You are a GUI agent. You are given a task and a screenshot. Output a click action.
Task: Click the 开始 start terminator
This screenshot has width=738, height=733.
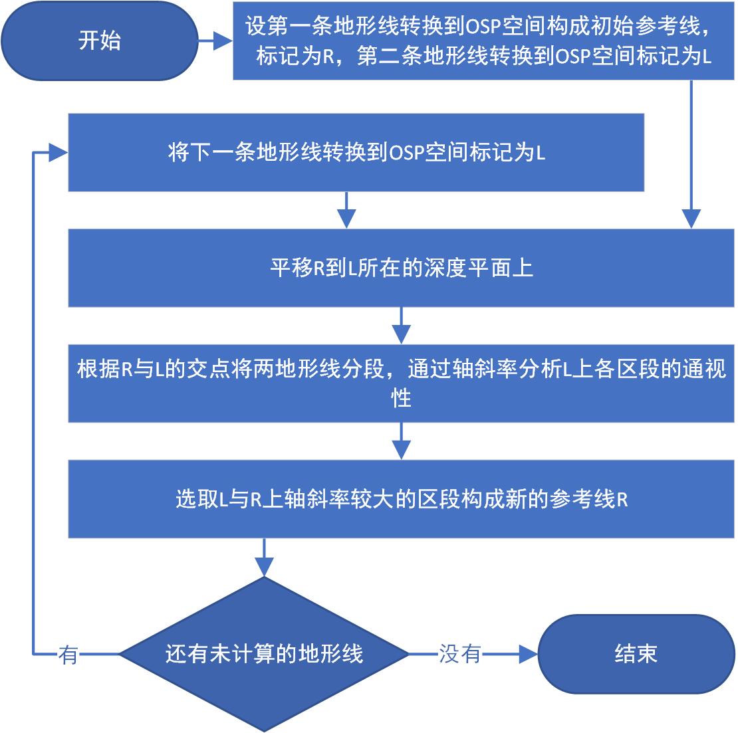coord(100,41)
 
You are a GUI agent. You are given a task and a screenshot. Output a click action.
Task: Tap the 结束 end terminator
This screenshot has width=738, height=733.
coord(636,654)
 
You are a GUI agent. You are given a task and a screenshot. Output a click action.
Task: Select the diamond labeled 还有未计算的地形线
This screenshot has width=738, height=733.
coord(264,654)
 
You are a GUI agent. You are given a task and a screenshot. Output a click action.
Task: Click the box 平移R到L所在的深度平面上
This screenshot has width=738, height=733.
coord(402,268)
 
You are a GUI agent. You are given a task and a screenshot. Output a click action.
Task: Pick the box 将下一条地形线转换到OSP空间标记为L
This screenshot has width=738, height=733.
coord(356,153)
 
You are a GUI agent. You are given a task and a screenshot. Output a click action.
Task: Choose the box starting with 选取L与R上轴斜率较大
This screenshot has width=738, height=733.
coord(402,499)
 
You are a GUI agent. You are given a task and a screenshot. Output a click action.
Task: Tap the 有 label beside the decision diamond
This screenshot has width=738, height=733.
coord(68,655)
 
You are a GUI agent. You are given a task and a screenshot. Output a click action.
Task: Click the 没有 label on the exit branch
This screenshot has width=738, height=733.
coord(459,654)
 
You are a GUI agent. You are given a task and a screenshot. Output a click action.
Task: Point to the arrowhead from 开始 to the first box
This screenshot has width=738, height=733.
coord(225,41)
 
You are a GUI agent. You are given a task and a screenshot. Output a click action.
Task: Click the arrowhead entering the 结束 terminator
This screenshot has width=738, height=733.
coord(529,654)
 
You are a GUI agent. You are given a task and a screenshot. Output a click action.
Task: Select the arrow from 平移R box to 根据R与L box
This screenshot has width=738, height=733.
coord(401,326)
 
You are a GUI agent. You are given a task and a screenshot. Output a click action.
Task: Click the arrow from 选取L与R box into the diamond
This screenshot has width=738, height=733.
coord(265,558)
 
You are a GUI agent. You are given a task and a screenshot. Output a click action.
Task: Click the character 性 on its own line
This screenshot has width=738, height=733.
coord(401,399)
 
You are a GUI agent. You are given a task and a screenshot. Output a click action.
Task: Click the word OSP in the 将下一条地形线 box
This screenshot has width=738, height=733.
coord(406,154)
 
